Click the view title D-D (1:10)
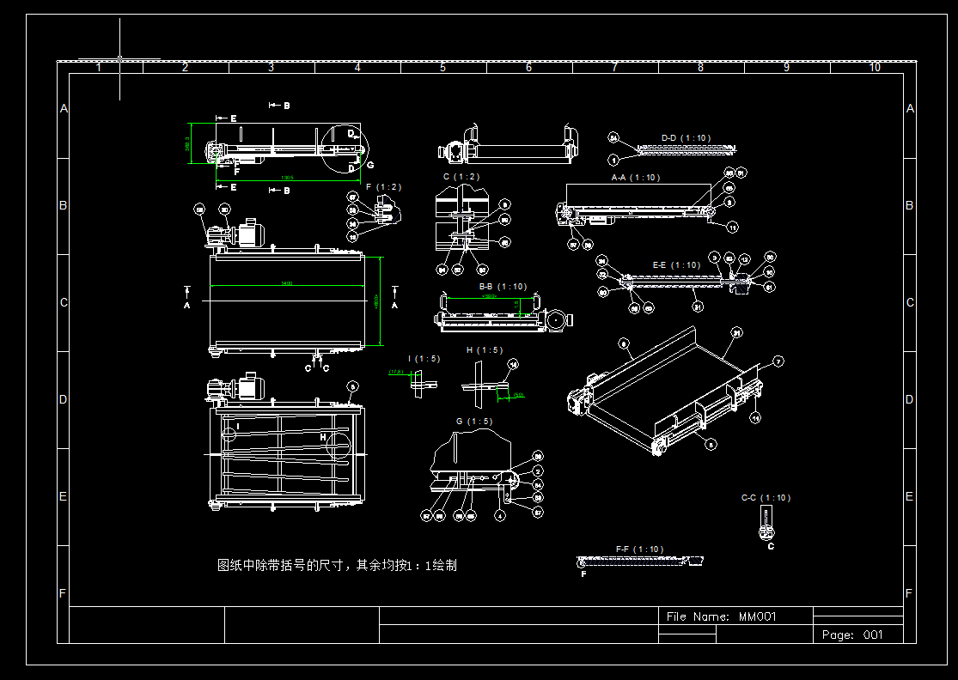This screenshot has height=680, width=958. tap(686, 137)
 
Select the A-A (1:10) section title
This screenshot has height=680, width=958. tap(635, 178)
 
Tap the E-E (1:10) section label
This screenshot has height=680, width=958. tap(676, 265)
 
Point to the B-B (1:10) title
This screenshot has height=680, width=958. tap(503, 287)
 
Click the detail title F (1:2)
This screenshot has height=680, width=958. tap(383, 186)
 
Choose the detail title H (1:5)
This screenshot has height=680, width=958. tap(485, 350)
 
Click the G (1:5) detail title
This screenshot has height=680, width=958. tap(474, 421)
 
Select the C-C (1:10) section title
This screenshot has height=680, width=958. tap(766, 497)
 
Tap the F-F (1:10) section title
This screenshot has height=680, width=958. tap(639, 549)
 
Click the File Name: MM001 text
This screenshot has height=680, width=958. tap(722, 616)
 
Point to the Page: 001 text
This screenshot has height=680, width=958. tap(852, 634)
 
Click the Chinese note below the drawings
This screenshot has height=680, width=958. tap(337, 566)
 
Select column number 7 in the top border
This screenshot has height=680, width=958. tap(614, 67)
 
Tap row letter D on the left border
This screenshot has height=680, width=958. tap(64, 399)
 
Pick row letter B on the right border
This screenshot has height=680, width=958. tap(910, 206)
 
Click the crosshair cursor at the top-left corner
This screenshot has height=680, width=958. tap(119, 58)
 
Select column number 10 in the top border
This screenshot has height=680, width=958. tap(874, 67)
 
